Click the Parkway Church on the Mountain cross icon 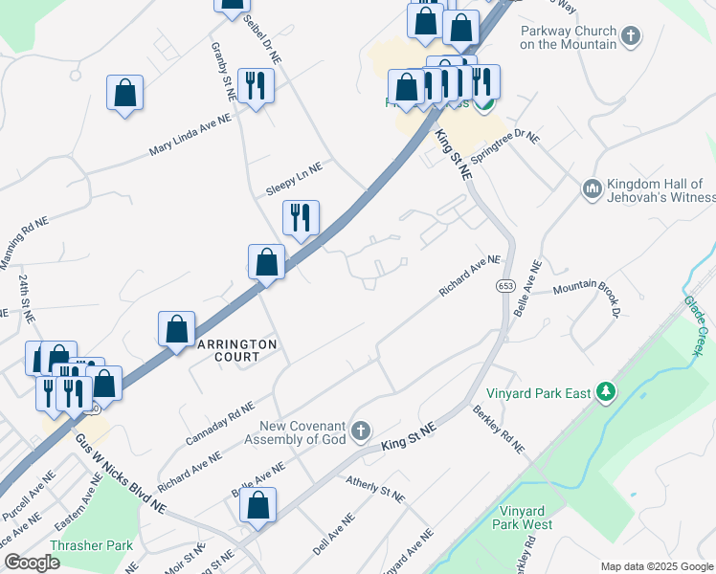[x=630, y=37]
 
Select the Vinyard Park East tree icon [x=604, y=390]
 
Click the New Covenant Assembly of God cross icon [x=360, y=431]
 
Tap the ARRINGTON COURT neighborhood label [x=236, y=350]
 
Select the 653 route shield [x=504, y=286]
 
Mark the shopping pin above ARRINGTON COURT [x=266, y=261]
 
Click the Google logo [x=31, y=562]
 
